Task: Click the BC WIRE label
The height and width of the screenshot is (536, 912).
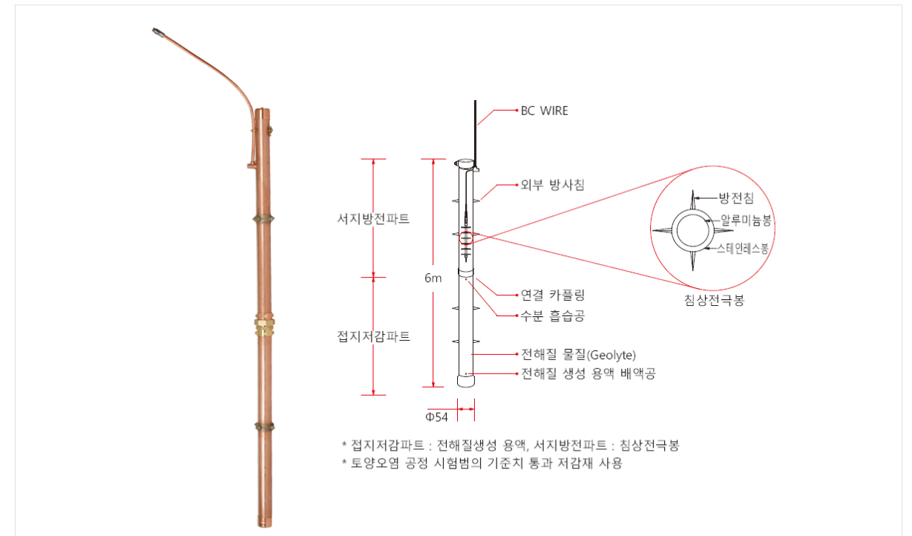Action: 545,111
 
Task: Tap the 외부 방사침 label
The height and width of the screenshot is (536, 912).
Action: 553,185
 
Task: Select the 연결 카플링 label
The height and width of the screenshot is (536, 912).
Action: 553,295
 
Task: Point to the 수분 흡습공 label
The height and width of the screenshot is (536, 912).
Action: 553,316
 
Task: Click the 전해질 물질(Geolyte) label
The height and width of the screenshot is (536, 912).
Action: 579,355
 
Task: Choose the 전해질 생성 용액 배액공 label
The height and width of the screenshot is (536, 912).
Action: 588,373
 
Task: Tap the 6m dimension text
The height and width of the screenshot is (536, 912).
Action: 433,278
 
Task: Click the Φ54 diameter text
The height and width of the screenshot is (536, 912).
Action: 436,417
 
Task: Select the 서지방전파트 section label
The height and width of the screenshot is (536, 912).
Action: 373,219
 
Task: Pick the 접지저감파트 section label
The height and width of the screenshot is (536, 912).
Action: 373,336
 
